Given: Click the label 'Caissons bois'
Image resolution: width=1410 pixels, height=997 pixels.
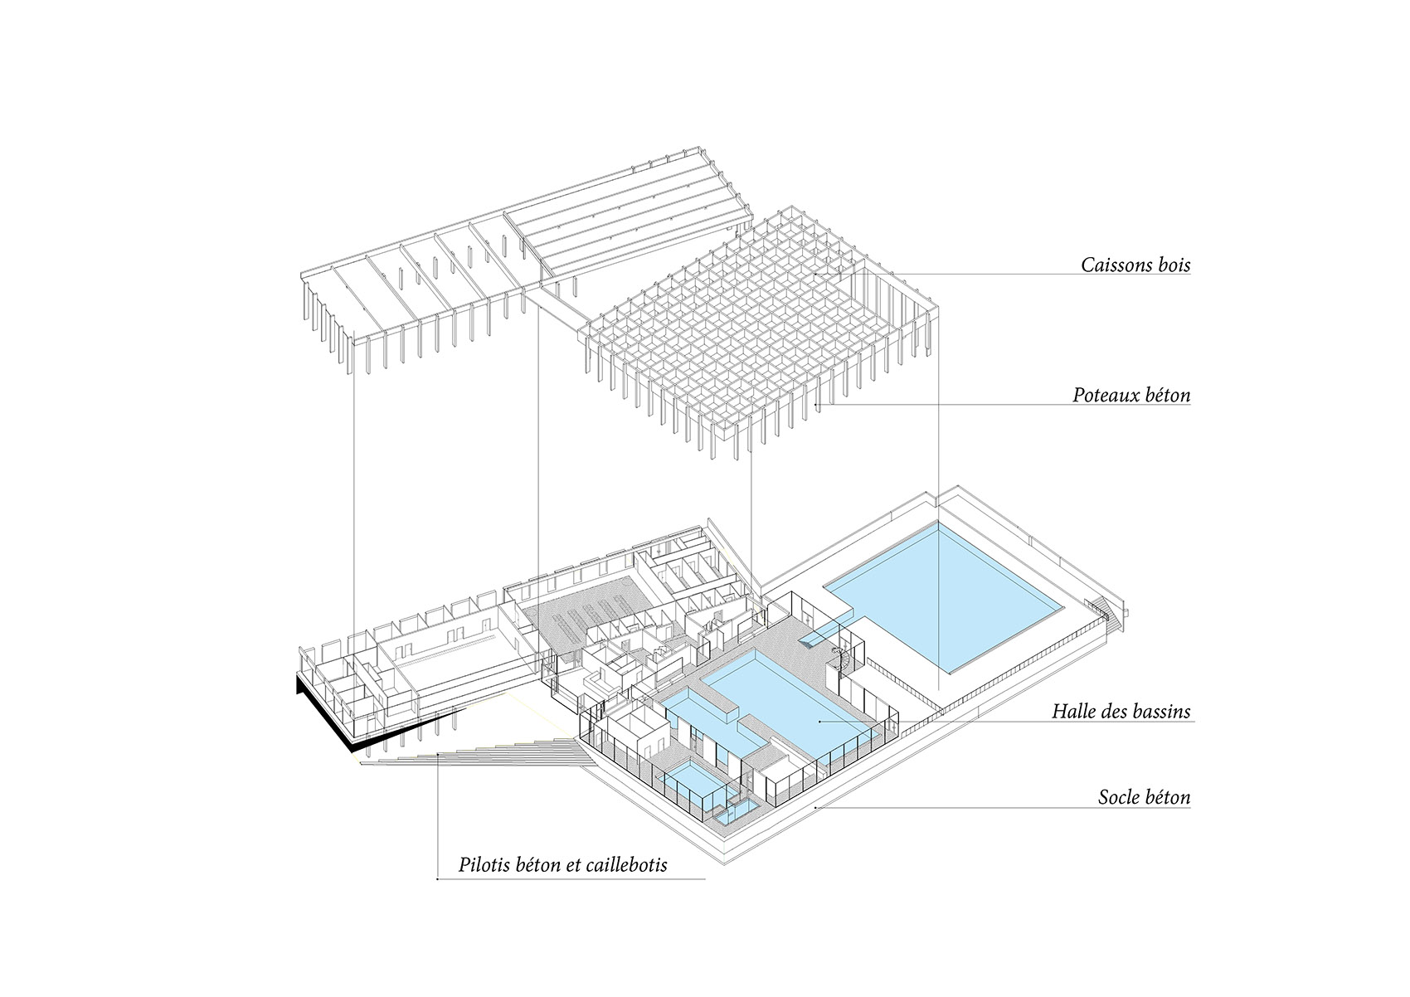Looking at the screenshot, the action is point(1135,265).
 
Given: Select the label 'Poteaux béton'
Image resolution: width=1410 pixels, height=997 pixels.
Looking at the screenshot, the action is point(1131,396).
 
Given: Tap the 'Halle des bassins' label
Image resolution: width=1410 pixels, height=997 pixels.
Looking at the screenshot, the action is point(1121,711).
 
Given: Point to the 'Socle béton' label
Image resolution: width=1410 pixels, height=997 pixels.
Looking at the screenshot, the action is point(1145,797).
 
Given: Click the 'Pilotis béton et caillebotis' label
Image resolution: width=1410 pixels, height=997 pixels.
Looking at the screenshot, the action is point(562,865).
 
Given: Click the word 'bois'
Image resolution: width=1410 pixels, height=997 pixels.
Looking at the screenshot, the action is point(1171,265).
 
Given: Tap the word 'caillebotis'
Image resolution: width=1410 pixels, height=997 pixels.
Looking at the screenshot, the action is point(625,865).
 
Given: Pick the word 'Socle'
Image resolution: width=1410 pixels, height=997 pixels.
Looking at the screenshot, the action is point(1119,797).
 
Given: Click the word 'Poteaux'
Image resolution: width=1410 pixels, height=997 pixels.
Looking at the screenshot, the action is point(1101,396).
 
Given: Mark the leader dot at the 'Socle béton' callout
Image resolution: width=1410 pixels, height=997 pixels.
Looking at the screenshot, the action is point(816,807).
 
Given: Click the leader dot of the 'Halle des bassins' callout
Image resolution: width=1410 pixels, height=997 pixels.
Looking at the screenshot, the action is point(819,722).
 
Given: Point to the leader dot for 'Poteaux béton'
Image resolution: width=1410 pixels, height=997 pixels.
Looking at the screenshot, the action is point(817,405).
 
